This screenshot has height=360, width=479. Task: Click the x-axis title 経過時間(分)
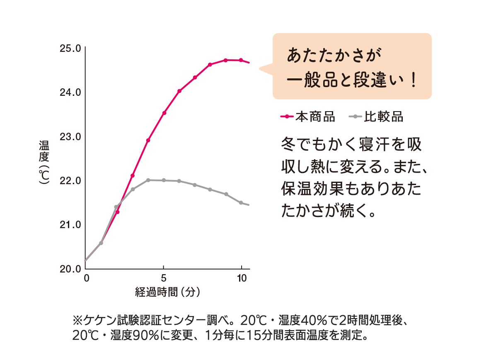point(167,292)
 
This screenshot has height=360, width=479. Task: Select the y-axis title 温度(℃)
point(44,162)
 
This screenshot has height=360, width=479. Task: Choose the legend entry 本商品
point(315,117)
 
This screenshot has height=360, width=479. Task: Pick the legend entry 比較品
point(383,117)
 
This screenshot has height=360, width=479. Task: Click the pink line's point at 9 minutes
point(226,60)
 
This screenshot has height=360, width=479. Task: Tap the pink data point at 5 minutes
point(164,113)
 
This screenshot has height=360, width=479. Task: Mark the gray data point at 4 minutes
point(148,180)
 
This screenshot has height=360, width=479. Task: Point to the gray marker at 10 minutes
point(241,202)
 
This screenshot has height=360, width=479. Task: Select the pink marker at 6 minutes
point(179,91)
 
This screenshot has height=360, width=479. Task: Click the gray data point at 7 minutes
point(195,185)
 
